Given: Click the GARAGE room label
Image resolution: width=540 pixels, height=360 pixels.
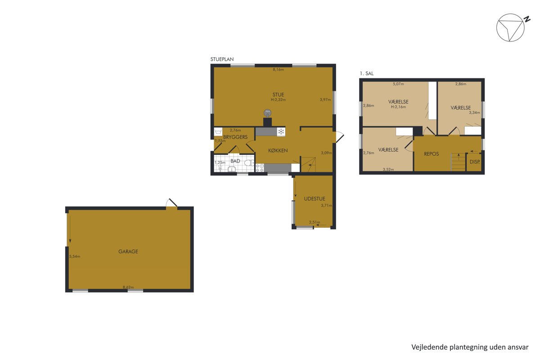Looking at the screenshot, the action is (x=128, y=252).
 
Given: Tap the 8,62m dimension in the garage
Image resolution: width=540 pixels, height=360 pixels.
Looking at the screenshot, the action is (x=128, y=287).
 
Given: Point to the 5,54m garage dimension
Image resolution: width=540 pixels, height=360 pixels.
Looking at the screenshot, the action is (x=75, y=256).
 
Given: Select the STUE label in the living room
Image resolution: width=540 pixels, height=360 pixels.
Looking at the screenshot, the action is (x=278, y=94).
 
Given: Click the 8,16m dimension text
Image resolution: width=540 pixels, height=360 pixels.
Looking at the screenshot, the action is (x=278, y=69).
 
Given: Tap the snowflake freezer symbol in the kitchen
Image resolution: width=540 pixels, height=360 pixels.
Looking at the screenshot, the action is (x=281, y=132).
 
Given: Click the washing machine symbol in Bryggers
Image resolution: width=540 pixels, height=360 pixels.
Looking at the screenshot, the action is (x=218, y=132).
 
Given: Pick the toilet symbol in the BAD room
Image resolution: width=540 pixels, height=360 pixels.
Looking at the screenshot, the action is (x=249, y=163).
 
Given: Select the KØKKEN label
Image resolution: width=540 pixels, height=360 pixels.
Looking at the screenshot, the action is (x=278, y=150).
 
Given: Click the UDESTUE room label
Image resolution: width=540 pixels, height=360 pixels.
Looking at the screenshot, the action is (x=315, y=199).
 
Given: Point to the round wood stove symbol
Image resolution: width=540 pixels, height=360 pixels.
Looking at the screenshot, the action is (x=267, y=112).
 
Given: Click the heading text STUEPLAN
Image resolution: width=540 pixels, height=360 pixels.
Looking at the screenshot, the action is (x=222, y=59).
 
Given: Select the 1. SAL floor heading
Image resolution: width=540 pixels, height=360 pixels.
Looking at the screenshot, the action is (x=367, y=73).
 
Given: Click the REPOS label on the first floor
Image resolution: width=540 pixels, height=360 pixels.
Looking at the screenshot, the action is (x=431, y=154).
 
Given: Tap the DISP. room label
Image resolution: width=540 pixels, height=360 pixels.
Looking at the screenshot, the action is (x=475, y=162).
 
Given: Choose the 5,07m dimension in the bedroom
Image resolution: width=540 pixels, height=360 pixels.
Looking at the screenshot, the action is (x=398, y=84).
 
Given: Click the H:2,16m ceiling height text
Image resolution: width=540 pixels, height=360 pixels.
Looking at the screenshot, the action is (x=398, y=107).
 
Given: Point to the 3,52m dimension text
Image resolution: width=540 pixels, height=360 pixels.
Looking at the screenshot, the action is (x=388, y=169).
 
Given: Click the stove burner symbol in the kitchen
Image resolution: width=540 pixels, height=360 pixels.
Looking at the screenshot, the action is (x=260, y=168).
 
